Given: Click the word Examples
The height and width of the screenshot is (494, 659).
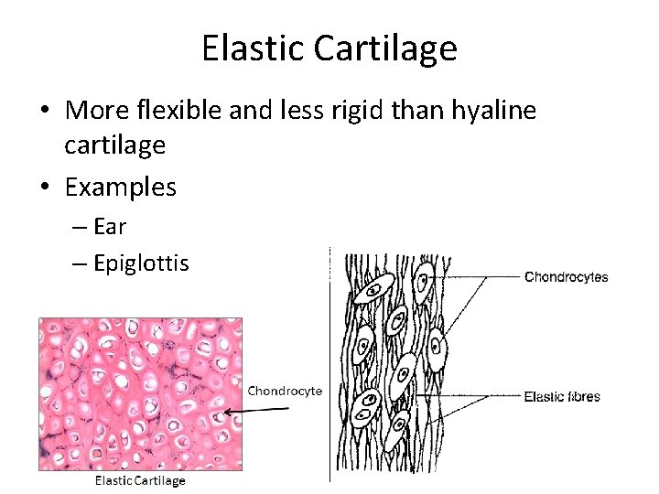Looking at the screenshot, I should (x=121, y=188).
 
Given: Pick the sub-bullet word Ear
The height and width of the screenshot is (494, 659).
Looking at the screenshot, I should (x=110, y=226).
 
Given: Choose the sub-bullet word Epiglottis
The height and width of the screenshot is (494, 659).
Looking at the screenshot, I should (x=141, y=264).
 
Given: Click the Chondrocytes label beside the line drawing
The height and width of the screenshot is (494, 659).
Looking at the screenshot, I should (x=566, y=277).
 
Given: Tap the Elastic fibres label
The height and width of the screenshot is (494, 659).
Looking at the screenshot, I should (x=562, y=396).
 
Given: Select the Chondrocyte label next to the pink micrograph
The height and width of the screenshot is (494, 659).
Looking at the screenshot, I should (x=285, y=391).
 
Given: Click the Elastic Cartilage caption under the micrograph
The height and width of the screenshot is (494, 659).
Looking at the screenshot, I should (x=141, y=480).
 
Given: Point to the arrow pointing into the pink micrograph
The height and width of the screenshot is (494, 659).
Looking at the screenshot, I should (x=256, y=411).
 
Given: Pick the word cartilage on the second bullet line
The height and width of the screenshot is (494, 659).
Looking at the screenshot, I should (x=115, y=145).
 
